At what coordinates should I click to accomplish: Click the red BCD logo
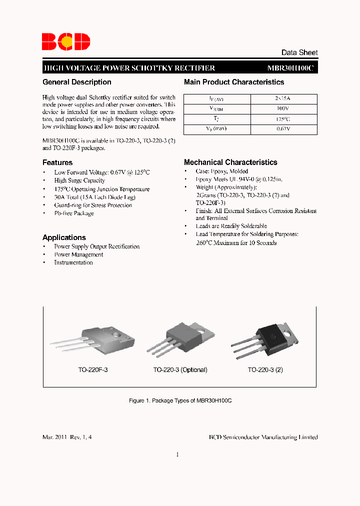[x=65, y=40]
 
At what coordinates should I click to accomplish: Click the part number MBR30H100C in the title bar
[x=290, y=68]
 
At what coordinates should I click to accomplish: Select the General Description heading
[x=77, y=82]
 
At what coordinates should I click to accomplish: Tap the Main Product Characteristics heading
[x=234, y=82]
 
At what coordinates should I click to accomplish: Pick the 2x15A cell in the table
[x=283, y=99]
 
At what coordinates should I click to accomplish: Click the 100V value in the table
[x=283, y=108]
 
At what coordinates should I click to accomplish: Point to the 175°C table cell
[x=283, y=119]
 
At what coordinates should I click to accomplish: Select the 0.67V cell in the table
[x=283, y=129]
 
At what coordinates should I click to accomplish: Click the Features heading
[x=57, y=162]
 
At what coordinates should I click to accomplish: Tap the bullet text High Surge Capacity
[x=79, y=180]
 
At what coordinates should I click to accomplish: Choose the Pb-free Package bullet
[x=74, y=213]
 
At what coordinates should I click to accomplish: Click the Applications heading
[x=64, y=237]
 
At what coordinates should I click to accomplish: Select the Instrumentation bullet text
[x=73, y=262]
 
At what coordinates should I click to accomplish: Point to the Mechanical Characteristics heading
[x=230, y=162]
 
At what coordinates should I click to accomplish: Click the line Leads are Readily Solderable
[x=231, y=226]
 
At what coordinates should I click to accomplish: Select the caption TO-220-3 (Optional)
[x=180, y=370]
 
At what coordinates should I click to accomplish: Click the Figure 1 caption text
[x=180, y=401]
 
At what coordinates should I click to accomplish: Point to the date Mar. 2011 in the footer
[x=55, y=437]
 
